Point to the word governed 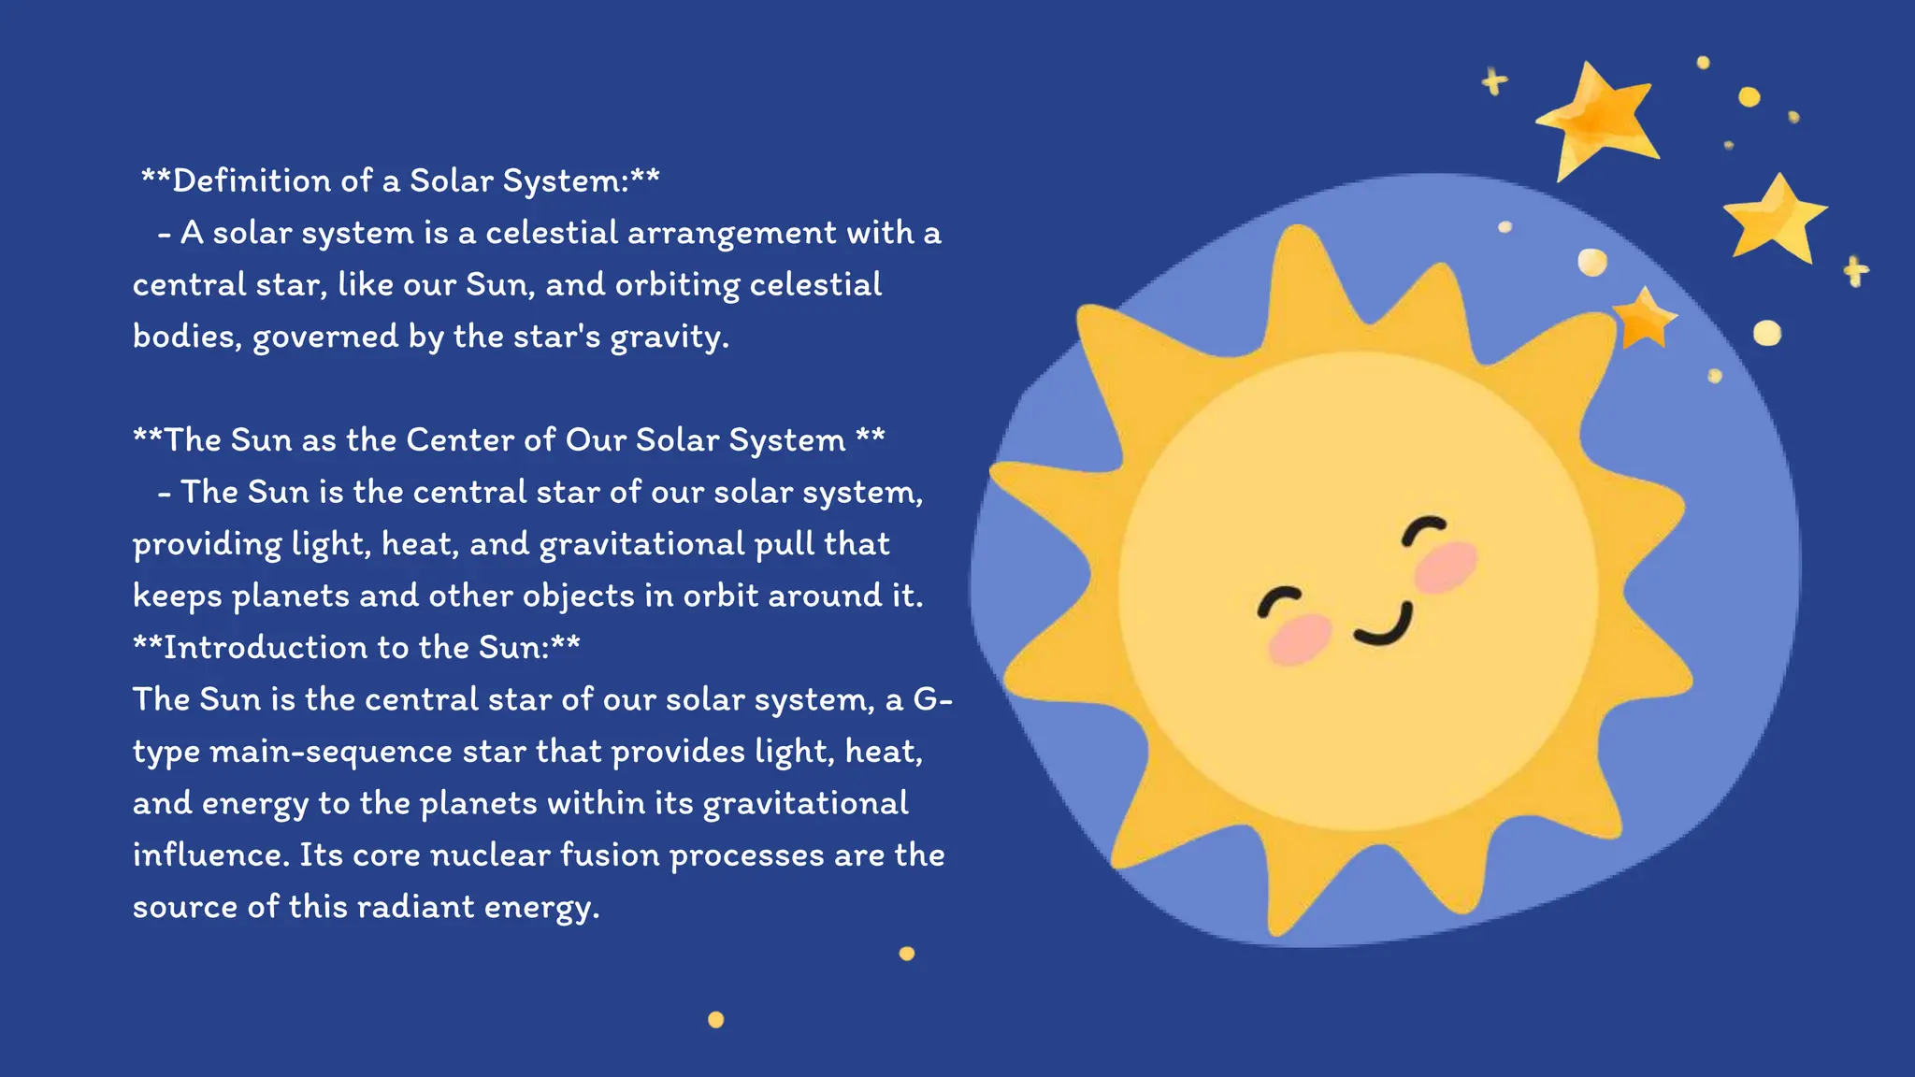325,337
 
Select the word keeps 177,596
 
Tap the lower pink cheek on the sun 1299,638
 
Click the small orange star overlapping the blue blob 1643,319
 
